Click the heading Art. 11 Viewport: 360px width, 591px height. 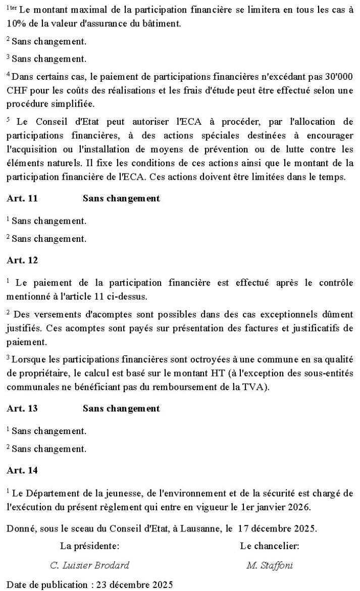[22, 198]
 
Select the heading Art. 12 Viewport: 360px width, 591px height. [22, 260]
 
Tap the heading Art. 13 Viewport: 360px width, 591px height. [22, 408]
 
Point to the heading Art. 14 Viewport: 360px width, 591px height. [22, 470]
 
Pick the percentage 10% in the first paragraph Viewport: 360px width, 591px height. [17, 23]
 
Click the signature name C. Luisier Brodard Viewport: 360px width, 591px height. [90, 565]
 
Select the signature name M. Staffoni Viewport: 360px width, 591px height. [270, 565]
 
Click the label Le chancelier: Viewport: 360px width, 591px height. [270, 546]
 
